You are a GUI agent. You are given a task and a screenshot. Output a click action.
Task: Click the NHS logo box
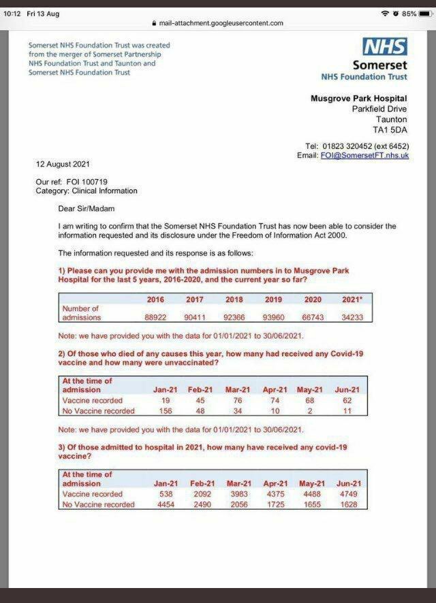coord(385,46)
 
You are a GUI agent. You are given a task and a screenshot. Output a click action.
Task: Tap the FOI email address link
coord(364,155)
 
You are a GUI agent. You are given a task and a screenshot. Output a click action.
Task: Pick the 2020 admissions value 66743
coord(313,317)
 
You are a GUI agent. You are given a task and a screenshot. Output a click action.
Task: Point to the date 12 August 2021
coord(63,164)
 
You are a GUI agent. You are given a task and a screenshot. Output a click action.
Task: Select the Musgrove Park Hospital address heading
coord(358,99)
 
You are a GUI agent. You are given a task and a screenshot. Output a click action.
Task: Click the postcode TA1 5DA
coord(390,129)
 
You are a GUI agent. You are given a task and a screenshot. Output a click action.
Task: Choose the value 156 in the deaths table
coord(166,411)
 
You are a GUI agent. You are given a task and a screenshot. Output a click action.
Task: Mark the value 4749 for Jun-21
coord(348,494)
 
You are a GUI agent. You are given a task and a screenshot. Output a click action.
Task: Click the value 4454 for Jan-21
coord(166,504)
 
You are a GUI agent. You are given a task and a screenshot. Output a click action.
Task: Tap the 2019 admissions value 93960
coord(275,317)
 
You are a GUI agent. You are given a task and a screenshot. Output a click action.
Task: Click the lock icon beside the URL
coord(154,23)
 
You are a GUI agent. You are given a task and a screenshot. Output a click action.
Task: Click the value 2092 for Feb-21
coord(204,494)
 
